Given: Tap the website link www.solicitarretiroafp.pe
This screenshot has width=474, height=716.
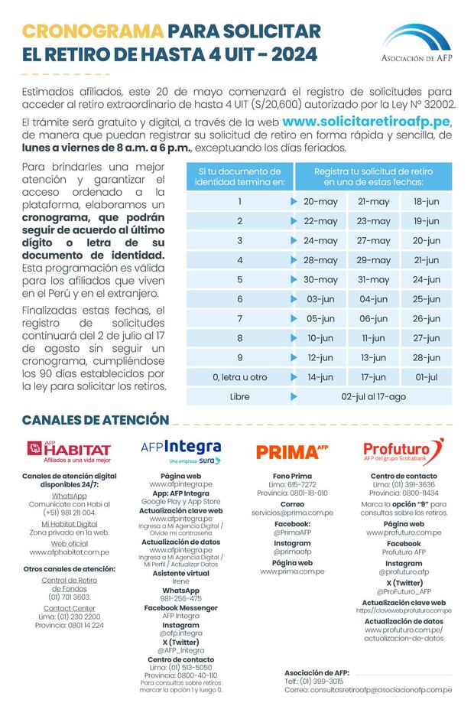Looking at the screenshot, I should [367, 122].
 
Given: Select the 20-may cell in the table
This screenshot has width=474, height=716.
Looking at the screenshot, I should [320, 202].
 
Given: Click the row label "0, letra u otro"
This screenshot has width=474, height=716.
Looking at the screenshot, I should [239, 377].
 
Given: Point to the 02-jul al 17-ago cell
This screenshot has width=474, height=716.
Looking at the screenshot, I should [373, 397].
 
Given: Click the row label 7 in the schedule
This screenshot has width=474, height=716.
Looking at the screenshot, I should [239, 319].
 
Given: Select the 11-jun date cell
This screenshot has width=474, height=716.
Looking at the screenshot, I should [373, 338].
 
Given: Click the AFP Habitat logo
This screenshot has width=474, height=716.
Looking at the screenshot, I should [70, 451].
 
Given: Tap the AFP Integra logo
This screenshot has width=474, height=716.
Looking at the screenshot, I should [181, 450].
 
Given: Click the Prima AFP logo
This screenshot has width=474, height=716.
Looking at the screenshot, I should [292, 451].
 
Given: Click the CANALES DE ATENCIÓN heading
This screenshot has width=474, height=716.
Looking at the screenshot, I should [95, 420].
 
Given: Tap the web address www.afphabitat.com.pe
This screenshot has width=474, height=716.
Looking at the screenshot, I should [70, 552].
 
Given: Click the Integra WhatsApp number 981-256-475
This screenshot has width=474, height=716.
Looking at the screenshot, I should [181, 598].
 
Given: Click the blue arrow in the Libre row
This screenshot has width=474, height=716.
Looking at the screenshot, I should [294, 397].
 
